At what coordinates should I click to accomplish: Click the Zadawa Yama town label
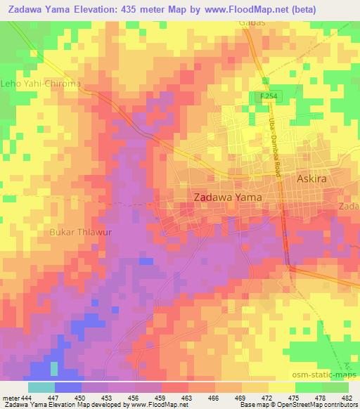[x=227, y=198]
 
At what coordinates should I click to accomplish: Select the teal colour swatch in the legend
[x=41, y=387]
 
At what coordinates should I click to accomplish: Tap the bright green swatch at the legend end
[x=335, y=387]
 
